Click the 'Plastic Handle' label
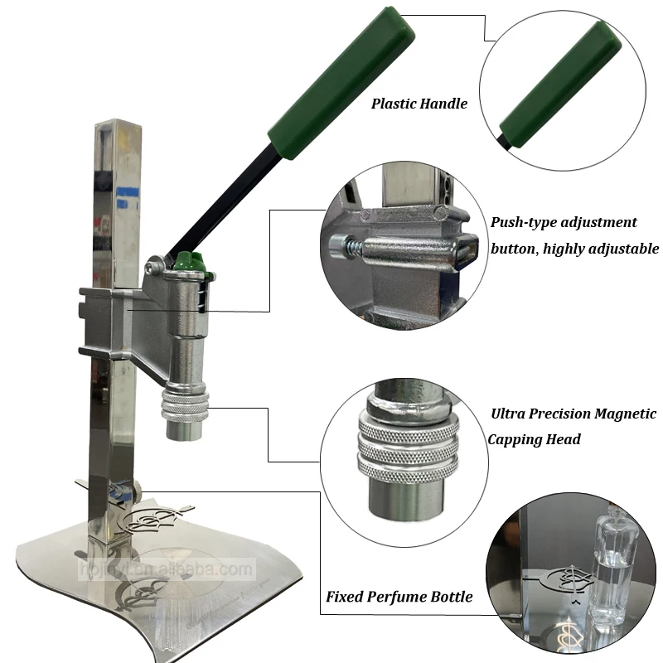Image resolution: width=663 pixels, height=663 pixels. point(419,104)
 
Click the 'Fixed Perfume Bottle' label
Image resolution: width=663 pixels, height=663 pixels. point(399,597)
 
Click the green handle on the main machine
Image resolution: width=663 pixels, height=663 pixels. point(340,79)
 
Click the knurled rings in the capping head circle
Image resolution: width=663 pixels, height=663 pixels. point(407,452)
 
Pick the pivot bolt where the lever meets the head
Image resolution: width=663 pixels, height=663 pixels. point(152,268)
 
